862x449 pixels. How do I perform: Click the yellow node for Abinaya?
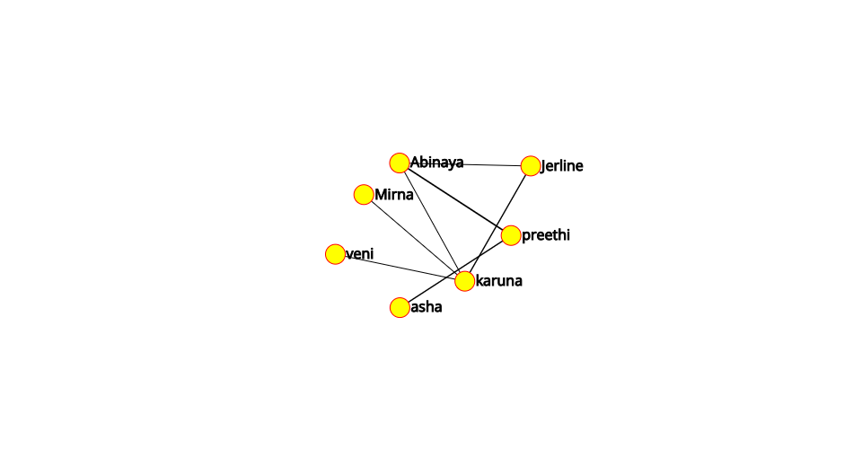tap(400, 163)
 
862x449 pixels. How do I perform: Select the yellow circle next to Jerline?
tap(531, 165)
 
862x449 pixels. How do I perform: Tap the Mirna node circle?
tap(364, 195)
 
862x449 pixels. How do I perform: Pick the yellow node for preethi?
tap(511, 235)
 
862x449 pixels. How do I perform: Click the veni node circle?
tap(335, 254)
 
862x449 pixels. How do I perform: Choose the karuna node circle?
tap(464, 281)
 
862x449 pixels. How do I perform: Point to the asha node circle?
tap(400, 307)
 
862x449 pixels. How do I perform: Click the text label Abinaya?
tap(437, 163)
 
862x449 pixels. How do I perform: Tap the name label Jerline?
tap(562, 166)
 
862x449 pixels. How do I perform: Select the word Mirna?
tap(393, 195)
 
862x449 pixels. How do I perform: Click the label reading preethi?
tap(546, 235)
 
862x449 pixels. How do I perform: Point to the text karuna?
tap(498, 281)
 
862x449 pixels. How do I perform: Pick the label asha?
tap(426, 306)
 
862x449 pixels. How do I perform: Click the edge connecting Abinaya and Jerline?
tap(465, 164)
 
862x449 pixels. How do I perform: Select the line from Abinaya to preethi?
tap(455, 199)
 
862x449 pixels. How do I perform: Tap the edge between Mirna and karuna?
tap(414, 237)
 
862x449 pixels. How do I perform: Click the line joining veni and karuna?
tap(400, 267)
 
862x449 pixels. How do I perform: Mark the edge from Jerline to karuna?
tap(497, 223)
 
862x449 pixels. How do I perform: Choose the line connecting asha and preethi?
tap(455, 271)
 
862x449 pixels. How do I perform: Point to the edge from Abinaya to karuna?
tap(432, 222)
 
